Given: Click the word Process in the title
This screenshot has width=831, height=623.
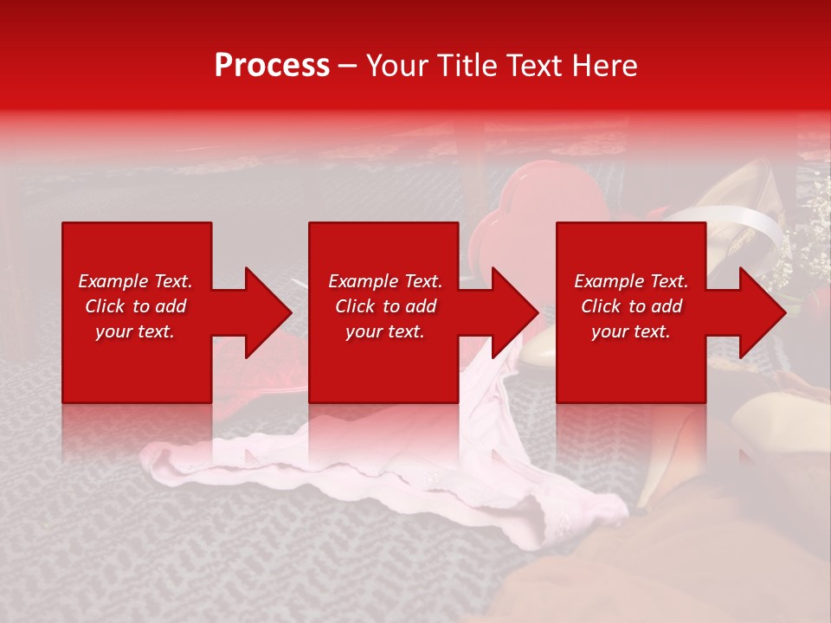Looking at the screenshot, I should pos(272,66).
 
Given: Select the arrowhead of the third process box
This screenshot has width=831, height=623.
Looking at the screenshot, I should pos(761,312).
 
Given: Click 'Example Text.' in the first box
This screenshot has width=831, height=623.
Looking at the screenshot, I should pos(135,281).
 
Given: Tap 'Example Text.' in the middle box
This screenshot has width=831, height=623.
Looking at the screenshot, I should pos(385,281).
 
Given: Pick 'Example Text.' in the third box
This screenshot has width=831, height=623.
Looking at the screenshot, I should pos(631,281).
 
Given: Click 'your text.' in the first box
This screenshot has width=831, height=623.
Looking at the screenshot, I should pos(135,331).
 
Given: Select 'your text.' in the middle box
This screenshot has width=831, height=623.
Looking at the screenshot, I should pos(385,331).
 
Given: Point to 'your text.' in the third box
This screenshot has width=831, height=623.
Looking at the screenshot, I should pos(631,331).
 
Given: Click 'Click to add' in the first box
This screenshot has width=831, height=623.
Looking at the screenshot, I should pos(135,306).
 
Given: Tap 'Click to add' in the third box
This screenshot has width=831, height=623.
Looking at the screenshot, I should pos(631,306).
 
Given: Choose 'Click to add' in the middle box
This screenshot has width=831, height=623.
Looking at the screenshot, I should pos(385,306).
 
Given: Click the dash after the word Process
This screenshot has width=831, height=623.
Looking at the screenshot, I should pos(347,67).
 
